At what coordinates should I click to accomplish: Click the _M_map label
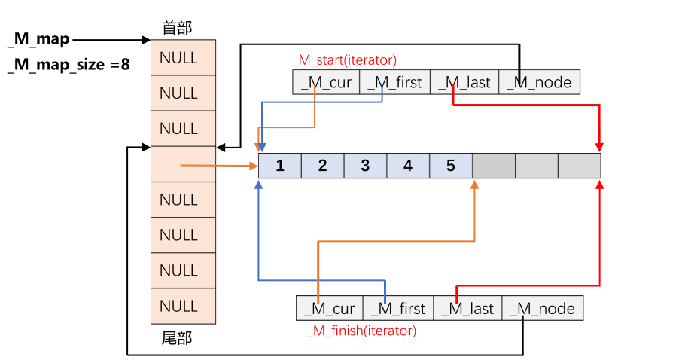tap(38, 38)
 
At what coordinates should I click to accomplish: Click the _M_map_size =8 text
tap(69, 65)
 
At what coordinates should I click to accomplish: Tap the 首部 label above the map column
tap(177, 28)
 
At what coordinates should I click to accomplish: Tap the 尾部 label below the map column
tap(177, 338)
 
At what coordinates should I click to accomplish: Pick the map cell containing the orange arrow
tap(183, 164)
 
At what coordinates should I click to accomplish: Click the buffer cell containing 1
tap(279, 165)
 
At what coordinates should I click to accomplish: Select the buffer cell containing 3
tap(365, 165)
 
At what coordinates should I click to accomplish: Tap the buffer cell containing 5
tap(451, 165)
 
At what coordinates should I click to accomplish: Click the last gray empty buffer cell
tap(579, 165)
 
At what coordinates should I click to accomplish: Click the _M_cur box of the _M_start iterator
tap(326, 82)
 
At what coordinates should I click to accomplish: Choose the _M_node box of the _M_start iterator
tap(539, 82)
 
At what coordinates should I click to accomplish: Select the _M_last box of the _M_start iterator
tap(464, 82)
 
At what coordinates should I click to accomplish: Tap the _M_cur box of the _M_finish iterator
tap(330, 309)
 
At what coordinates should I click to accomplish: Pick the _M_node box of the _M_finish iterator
tap(542, 309)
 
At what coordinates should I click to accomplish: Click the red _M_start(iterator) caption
tap(344, 60)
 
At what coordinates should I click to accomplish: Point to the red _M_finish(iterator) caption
tap(361, 331)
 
